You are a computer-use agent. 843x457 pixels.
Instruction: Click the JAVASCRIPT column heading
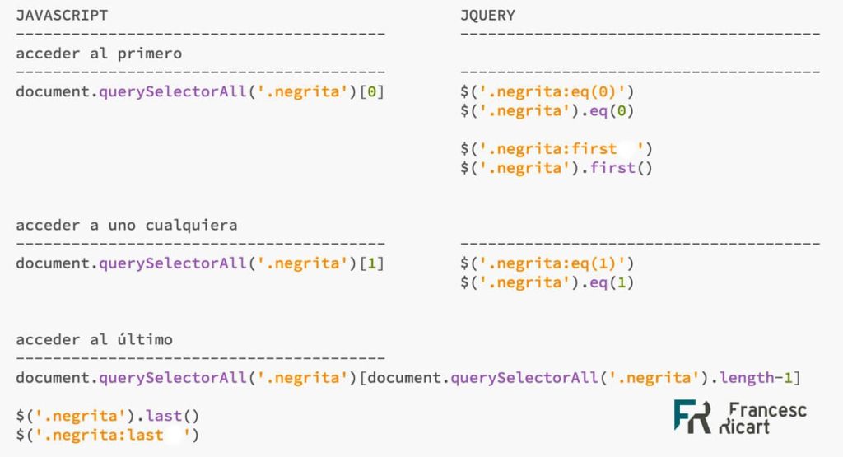pyautogui.click(x=62, y=15)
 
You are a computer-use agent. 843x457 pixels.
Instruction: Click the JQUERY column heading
pyautogui.click(x=487, y=15)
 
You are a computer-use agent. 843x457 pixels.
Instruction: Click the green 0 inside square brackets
pyautogui.click(x=372, y=91)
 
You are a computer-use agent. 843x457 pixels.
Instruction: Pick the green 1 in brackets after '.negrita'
pyautogui.click(x=372, y=263)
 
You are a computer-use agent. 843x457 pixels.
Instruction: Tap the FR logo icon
pyautogui.click(x=692, y=417)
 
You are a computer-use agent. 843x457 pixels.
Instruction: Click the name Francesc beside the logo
pyautogui.click(x=768, y=409)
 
